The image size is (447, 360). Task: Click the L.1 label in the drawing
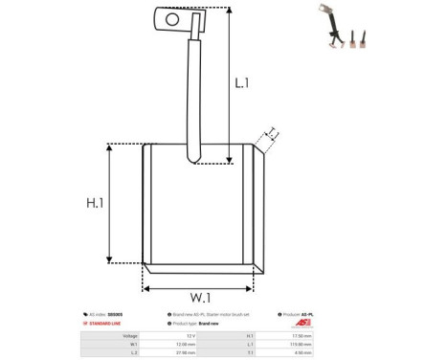242,84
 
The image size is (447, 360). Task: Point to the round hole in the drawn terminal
173,16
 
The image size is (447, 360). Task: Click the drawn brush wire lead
195,96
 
